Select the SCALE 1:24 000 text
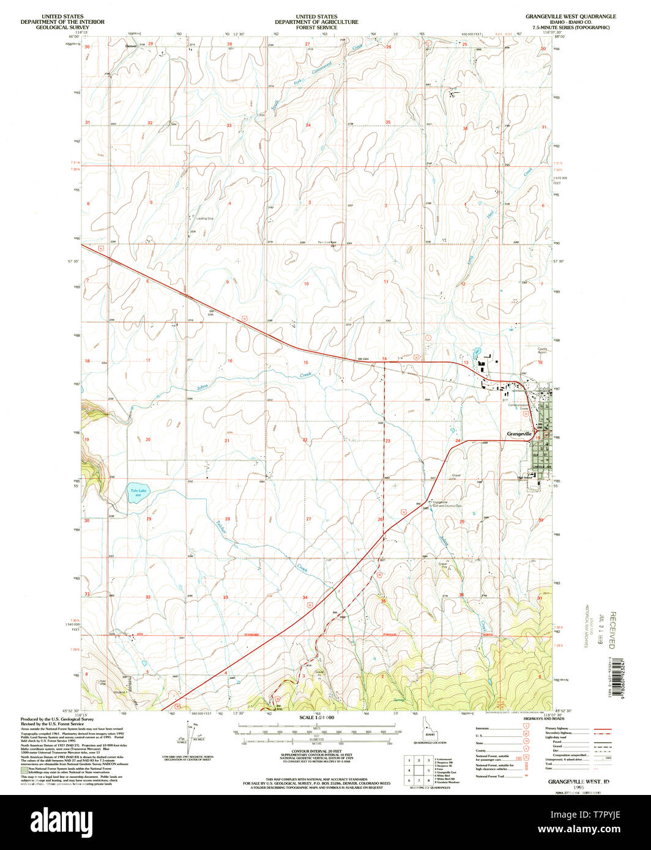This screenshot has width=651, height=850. click(x=316, y=717)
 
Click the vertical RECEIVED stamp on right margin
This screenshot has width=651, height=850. click(x=612, y=629)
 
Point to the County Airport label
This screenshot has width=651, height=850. click(x=542, y=351)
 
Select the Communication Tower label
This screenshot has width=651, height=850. click(x=518, y=406)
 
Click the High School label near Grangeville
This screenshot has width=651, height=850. click(x=525, y=478)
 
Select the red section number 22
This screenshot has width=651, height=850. click(x=305, y=440)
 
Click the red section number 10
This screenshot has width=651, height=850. click(x=307, y=284)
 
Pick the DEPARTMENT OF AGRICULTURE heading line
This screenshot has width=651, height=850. click(x=316, y=22)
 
